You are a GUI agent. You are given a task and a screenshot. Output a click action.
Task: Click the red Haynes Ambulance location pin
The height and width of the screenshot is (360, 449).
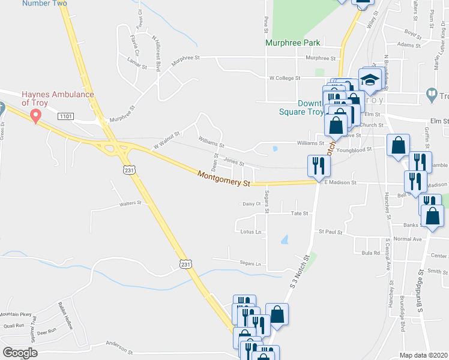(36, 116)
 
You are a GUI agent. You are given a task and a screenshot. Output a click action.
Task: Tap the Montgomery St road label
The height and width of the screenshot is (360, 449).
(223, 179)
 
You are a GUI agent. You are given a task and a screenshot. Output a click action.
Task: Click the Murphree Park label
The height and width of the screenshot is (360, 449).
(294, 43)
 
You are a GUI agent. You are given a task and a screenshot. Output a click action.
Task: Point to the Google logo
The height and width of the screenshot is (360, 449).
(20, 353)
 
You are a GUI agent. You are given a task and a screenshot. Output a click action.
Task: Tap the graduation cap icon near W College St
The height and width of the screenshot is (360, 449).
(370, 80)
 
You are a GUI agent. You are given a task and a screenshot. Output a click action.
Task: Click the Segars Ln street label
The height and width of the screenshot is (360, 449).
(250, 263)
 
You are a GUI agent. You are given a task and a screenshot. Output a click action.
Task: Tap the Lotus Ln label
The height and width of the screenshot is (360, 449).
(251, 232)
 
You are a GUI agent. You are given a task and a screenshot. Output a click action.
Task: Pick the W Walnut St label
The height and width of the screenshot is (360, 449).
(166, 140)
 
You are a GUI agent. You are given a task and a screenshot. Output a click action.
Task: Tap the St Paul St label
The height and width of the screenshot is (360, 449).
(330, 232)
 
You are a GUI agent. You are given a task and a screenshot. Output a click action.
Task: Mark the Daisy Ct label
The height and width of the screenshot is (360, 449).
(252, 204)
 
